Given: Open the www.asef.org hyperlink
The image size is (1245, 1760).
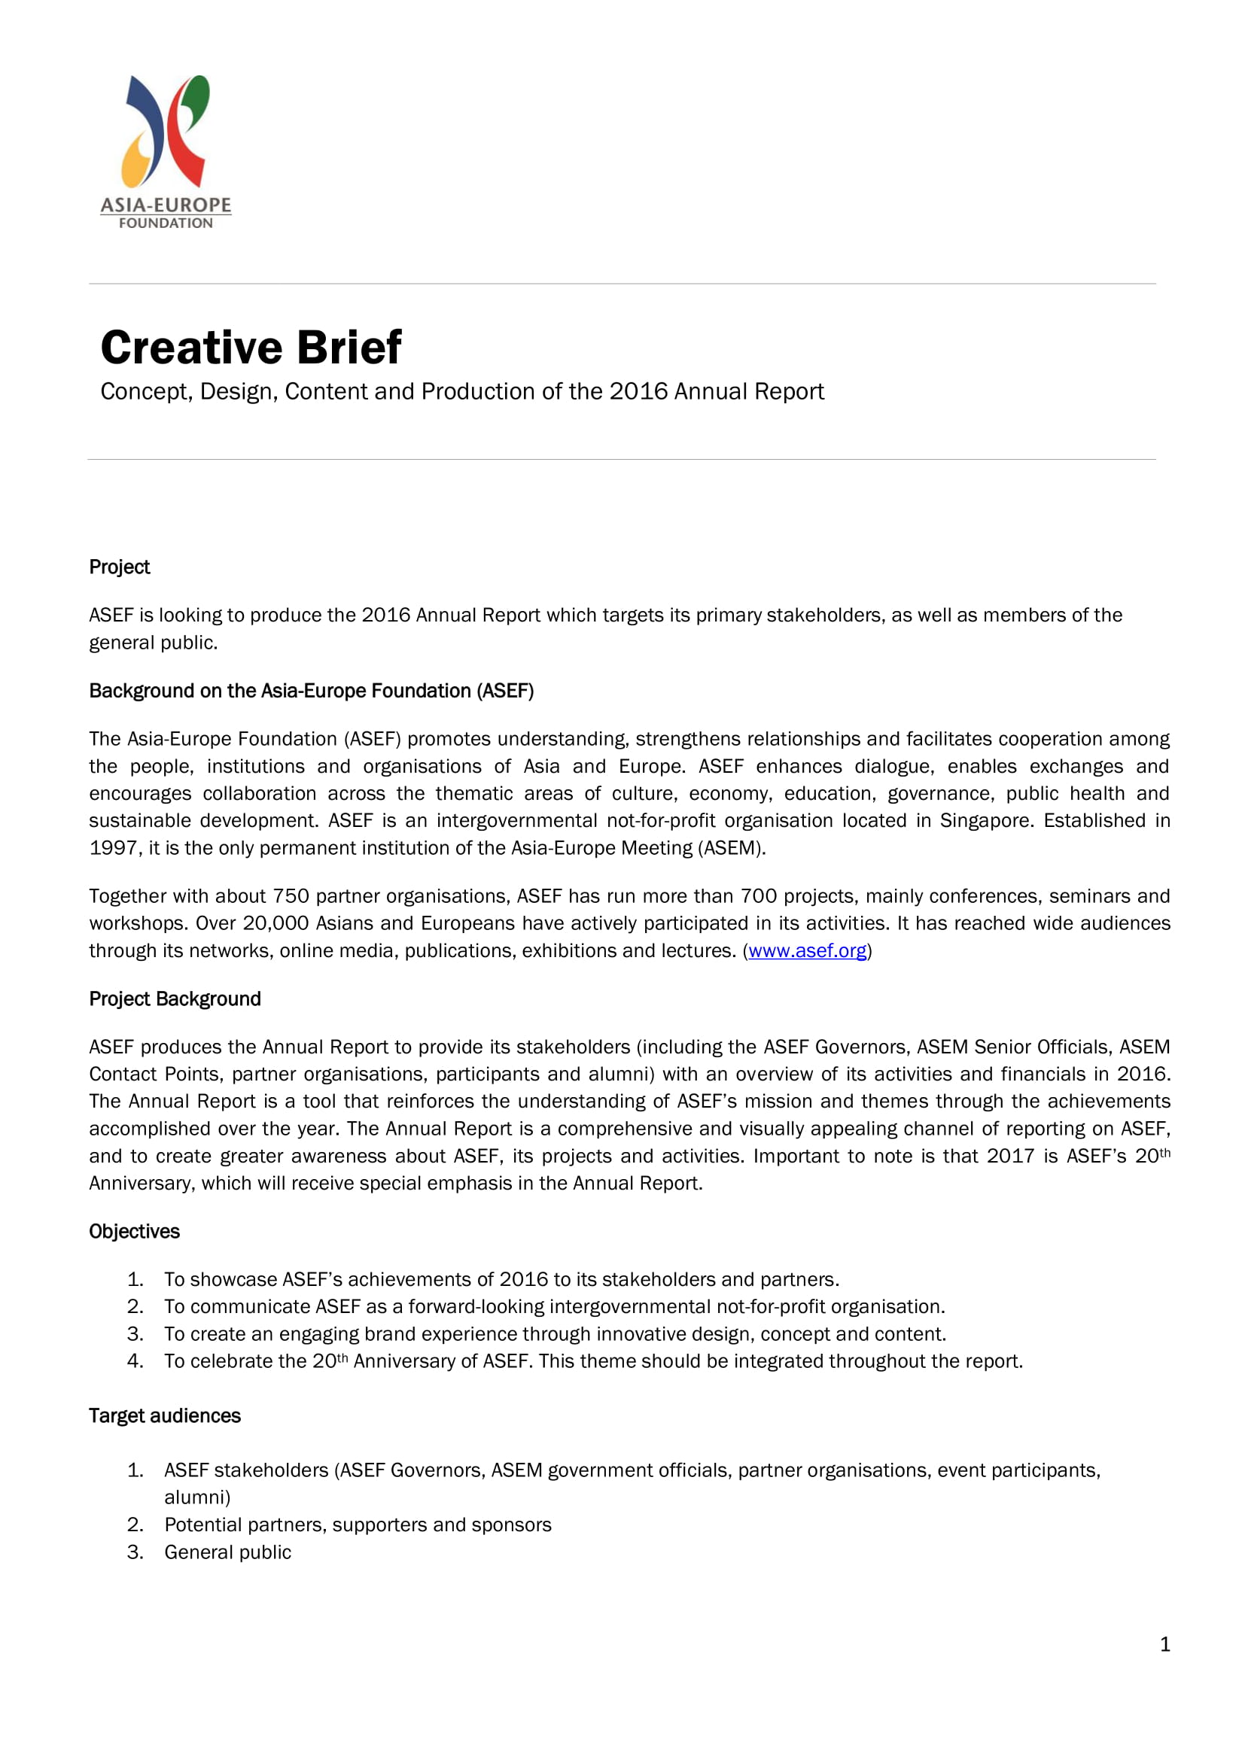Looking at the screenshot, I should [x=806, y=950].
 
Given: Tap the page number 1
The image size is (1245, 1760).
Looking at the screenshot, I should [x=1164, y=1644].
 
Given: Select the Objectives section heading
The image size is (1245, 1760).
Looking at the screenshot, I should [x=134, y=1231].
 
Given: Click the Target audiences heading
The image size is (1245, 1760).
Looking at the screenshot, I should [x=165, y=1415].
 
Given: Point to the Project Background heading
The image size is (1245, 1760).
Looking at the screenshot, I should [x=175, y=999].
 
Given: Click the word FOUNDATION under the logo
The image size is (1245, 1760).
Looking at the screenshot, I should [x=166, y=223].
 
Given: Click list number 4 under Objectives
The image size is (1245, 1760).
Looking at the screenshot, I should [x=135, y=1360].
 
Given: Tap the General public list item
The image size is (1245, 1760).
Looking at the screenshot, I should [x=227, y=1552].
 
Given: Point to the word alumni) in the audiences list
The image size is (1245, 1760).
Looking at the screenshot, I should [x=197, y=1497].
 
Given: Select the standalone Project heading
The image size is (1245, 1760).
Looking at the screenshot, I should [x=120, y=567].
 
